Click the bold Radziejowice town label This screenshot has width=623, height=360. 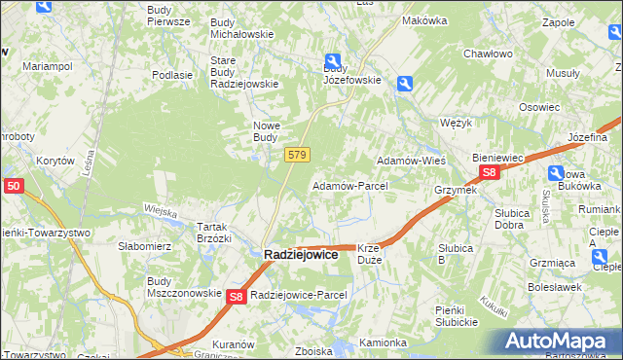point(301,254)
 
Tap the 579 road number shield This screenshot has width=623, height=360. point(298,155)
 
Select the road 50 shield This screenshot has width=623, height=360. point(13,185)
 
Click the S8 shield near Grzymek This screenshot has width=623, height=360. point(489,173)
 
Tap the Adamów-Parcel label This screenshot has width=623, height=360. point(349,185)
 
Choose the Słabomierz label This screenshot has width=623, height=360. point(145,246)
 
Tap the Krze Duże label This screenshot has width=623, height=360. point(376,254)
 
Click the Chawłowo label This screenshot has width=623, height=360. point(488,54)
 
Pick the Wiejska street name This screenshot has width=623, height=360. point(159,210)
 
